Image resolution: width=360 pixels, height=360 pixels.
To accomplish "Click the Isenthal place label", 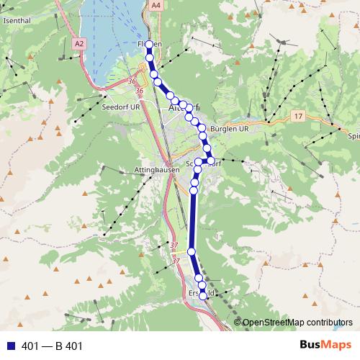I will [x=17, y=21].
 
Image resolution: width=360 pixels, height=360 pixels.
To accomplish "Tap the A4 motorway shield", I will [x=156, y=5].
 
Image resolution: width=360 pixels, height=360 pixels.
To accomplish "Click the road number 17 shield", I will [x=298, y=116].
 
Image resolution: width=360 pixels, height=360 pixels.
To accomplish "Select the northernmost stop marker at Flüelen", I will [x=149, y=45].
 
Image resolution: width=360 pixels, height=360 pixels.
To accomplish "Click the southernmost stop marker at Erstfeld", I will [x=203, y=295].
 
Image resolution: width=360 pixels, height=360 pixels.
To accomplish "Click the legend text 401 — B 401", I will [x=53, y=346].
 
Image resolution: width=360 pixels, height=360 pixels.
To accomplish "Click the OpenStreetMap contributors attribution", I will [x=297, y=323].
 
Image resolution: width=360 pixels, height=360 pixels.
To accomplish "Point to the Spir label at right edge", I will [x=353, y=135].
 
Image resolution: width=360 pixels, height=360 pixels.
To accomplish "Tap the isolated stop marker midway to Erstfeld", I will [x=192, y=251].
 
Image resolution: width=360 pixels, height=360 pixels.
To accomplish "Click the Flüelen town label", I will [x=149, y=45].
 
